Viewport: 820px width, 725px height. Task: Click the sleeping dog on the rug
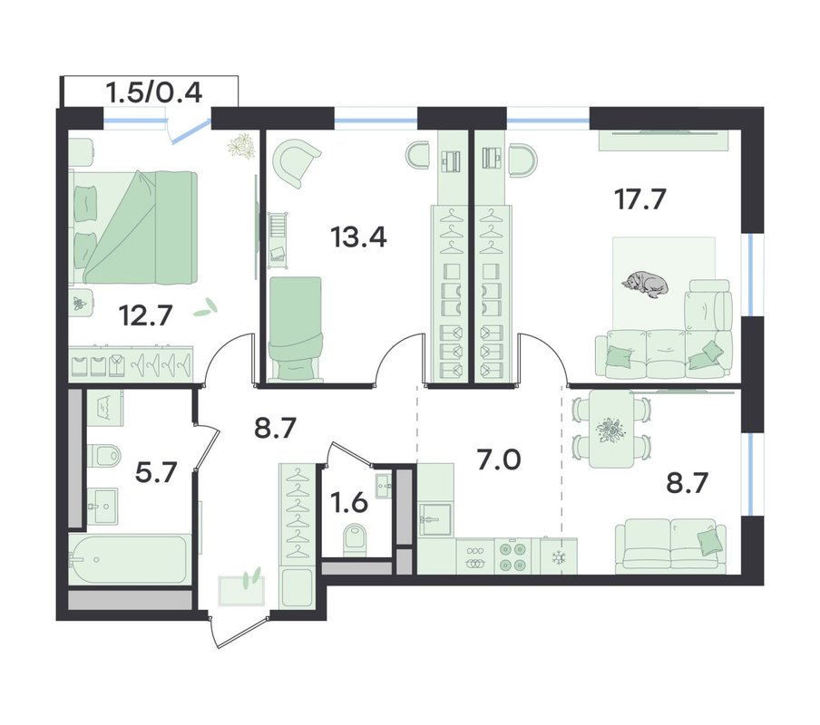click(645, 285)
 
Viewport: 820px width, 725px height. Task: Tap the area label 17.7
click(640, 199)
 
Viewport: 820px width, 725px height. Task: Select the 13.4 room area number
click(359, 237)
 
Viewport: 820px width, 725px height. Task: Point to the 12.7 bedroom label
click(145, 315)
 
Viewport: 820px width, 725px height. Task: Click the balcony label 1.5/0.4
click(154, 93)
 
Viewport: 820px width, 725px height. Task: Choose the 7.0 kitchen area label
click(499, 460)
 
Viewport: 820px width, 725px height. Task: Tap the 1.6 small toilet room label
click(349, 503)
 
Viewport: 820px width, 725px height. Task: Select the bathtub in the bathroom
click(129, 559)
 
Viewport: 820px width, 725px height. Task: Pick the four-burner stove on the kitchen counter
click(512, 556)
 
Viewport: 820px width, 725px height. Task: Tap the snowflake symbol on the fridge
click(559, 558)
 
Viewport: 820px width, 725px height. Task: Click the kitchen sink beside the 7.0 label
click(435, 519)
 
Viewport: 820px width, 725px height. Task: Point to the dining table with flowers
click(611, 429)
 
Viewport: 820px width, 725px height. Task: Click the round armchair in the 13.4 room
click(298, 162)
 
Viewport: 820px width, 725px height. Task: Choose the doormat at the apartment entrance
click(241, 590)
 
